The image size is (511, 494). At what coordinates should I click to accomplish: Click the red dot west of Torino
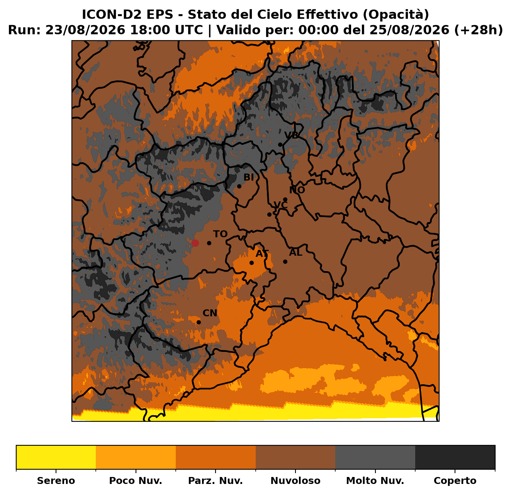click(195, 243)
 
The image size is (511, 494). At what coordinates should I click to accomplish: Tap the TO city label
click(220, 234)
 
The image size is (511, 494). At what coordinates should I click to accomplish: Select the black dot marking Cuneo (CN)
click(199, 323)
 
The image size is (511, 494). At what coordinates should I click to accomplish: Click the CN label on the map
click(210, 313)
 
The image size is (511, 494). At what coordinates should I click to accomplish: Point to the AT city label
click(262, 254)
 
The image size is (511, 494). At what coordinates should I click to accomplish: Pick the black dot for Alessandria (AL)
click(285, 261)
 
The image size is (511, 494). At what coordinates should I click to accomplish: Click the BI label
click(248, 178)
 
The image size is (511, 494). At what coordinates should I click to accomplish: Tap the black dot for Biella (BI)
click(239, 187)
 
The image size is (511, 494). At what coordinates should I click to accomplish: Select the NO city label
click(297, 190)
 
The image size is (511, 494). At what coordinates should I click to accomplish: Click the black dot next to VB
click(280, 145)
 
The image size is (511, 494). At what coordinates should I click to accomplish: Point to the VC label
click(280, 205)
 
